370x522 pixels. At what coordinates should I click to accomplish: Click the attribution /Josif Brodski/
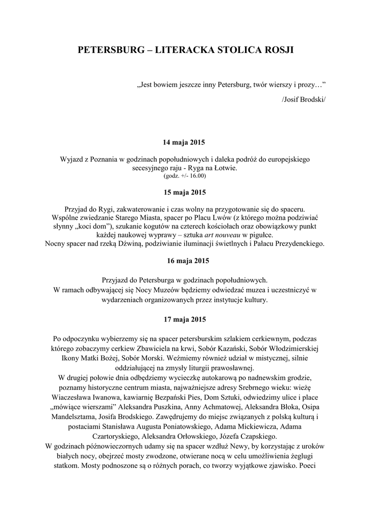click(x=303, y=98)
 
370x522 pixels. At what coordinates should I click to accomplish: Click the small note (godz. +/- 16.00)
click(x=185, y=176)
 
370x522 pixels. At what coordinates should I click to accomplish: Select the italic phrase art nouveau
click(x=223, y=235)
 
